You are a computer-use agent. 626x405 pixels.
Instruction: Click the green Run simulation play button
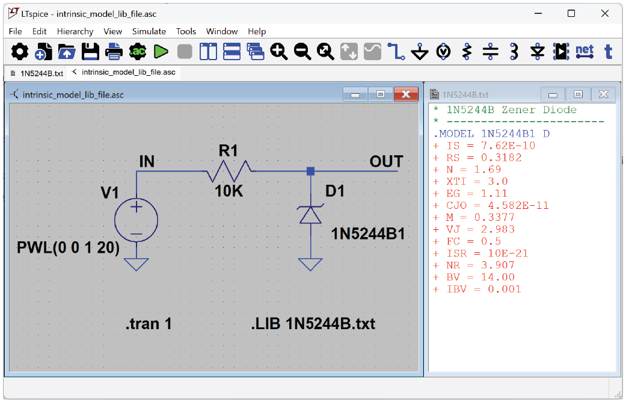(x=161, y=52)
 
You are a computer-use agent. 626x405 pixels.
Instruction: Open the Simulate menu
(x=149, y=31)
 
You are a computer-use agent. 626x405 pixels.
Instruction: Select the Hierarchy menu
(x=75, y=31)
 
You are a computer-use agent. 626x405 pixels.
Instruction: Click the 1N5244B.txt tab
(x=37, y=73)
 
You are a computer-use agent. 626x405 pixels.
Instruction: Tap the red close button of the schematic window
(x=406, y=94)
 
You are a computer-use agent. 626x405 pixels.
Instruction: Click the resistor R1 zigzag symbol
(x=229, y=171)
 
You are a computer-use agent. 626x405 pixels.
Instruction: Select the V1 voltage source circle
(x=136, y=220)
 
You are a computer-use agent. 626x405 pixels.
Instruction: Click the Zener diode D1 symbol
(x=310, y=214)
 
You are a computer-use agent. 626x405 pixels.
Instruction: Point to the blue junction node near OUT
(x=310, y=172)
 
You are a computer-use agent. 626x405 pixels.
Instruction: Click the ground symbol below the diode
(x=310, y=264)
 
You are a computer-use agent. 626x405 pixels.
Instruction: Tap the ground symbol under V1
(x=136, y=264)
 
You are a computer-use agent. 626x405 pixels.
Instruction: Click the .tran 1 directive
(x=148, y=324)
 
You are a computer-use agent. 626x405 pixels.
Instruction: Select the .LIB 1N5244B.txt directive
(x=313, y=324)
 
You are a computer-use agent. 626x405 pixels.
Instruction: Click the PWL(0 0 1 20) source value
(x=68, y=247)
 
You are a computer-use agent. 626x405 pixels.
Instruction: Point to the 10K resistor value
(x=229, y=191)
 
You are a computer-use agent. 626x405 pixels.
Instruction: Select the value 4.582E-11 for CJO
(x=518, y=205)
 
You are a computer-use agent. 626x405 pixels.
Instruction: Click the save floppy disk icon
(x=90, y=52)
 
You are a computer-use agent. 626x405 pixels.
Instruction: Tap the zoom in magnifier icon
(x=278, y=52)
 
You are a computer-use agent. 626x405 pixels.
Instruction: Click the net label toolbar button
(x=585, y=52)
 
